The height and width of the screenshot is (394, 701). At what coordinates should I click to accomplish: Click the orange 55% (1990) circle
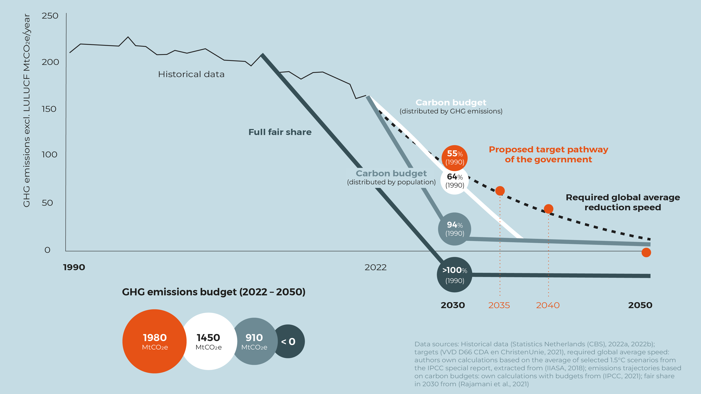pyautogui.click(x=454, y=158)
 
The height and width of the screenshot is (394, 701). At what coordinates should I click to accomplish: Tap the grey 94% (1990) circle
pyautogui.click(x=454, y=229)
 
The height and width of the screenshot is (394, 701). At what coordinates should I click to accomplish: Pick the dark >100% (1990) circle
pyautogui.click(x=454, y=275)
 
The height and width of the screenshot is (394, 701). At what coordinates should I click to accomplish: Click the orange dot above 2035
pyautogui.click(x=500, y=191)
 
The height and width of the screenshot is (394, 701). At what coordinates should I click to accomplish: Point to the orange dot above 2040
pyautogui.click(x=548, y=209)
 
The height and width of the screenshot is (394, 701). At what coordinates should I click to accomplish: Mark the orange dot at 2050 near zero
pyautogui.click(x=646, y=252)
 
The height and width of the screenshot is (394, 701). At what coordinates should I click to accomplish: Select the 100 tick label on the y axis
pyautogui.click(x=49, y=154)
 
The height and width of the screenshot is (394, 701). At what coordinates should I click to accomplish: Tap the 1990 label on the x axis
pyautogui.click(x=74, y=267)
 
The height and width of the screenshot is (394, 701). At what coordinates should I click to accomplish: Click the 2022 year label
pyautogui.click(x=375, y=267)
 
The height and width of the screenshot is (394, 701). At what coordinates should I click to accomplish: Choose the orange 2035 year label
pyautogui.click(x=499, y=305)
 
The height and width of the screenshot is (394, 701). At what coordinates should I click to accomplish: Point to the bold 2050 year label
pyautogui.click(x=640, y=305)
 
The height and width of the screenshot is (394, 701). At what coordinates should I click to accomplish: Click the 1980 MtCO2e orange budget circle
pyautogui.click(x=154, y=341)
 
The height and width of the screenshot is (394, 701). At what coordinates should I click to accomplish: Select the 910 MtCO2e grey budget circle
pyautogui.click(x=254, y=341)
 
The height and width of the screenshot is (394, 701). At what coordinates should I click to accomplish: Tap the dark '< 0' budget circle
pyautogui.click(x=289, y=341)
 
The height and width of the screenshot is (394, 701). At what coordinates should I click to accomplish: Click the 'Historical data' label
pyautogui.click(x=191, y=74)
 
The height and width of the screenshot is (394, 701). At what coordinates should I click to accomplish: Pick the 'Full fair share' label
pyautogui.click(x=280, y=132)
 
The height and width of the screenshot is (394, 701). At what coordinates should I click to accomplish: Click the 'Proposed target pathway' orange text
pyautogui.click(x=548, y=150)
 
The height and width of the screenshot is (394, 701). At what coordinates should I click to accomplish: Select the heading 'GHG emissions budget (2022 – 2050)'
pyautogui.click(x=214, y=292)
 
